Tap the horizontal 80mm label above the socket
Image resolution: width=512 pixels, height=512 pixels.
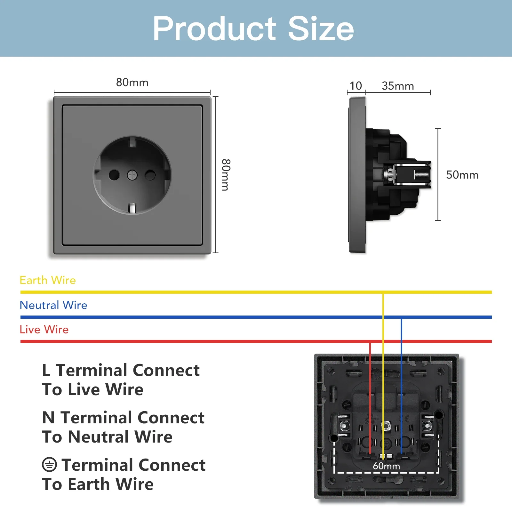pyautogui.click(x=132, y=83)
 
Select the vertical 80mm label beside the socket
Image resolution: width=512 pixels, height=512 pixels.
pyautogui.click(x=226, y=175)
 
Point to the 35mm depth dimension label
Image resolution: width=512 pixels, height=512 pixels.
pyautogui.click(x=398, y=86)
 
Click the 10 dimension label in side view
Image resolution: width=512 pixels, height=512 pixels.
pyautogui.click(x=356, y=86)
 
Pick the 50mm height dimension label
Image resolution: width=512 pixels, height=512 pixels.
pyautogui.click(x=462, y=175)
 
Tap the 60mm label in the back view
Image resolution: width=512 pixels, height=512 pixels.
pyautogui.click(x=386, y=466)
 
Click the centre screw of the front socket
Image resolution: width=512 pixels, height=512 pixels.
pyautogui.click(x=132, y=175)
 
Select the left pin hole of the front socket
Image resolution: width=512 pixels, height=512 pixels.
pyautogui.click(x=114, y=175)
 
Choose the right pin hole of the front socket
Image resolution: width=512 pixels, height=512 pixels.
pyautogui.click(x=150, y=175)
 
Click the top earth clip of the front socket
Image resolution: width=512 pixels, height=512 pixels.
pyautogui.click(x=132, y=141)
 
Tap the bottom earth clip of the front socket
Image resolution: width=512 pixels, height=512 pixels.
pyautogui.click(x=132, y=208)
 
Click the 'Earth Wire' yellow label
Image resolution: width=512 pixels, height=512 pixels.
pyautogui.click(x=48, y=280)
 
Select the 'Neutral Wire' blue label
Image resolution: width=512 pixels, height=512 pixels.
pyautogui.click(x=53, y=305)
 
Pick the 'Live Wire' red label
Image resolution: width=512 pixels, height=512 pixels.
pyautogui.click(x=44, y=330)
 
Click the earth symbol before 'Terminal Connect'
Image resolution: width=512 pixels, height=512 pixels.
pyautogui.click(x=49, y=465)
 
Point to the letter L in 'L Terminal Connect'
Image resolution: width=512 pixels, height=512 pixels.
pyautogui.click(x=46, y=371)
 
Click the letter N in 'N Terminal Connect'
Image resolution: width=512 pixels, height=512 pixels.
pyautogui.click(x=48, y=418)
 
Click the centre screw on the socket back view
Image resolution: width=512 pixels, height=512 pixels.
pyautogui.click(x=386, y=426)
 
